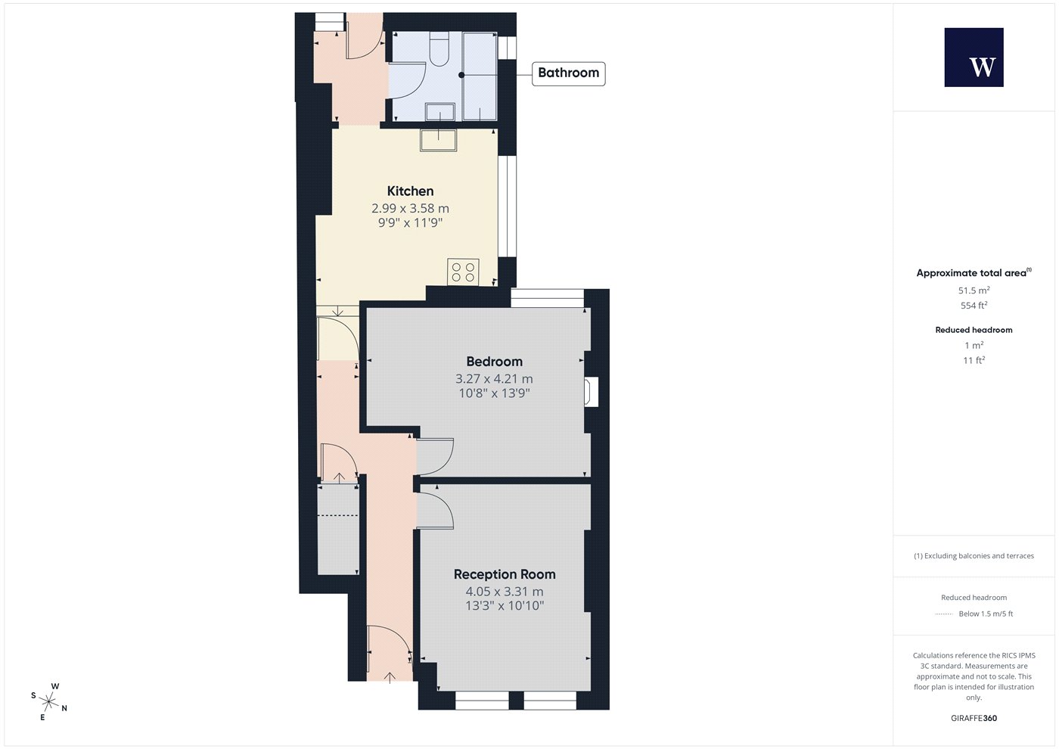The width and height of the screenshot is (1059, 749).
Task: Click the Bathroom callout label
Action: click(x=568, y=73)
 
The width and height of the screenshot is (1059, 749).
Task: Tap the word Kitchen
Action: click(x=410, y=191)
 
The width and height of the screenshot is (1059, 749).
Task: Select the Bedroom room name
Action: click(x=494, y=362)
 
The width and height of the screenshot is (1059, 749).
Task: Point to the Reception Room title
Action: click(x=505, y=574)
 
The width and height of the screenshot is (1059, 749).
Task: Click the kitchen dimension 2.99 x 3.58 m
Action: click(x=410, y=208)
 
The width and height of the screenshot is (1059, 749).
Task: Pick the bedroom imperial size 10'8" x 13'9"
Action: click(x=494, y=393)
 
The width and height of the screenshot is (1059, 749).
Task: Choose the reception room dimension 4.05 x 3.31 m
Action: click(x=505, y=592)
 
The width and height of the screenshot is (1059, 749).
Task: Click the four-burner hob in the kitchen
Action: click(x=463, y=272)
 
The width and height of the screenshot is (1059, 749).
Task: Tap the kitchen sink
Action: click(x=438, y=140)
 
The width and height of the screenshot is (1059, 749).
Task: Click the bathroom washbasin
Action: click(x=439, y=112)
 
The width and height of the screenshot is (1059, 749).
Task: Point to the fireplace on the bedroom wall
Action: click(x=591, y=392)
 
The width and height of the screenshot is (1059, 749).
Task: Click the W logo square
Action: click(x=974, y=57)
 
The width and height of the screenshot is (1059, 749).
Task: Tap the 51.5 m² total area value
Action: click(x=974, y=291)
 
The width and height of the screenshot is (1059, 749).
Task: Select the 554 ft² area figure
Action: click(x=974, y=306)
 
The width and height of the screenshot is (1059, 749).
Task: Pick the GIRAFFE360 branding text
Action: click(x=974, y=718)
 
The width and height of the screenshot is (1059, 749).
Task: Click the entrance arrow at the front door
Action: click(x=389, y=678)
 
